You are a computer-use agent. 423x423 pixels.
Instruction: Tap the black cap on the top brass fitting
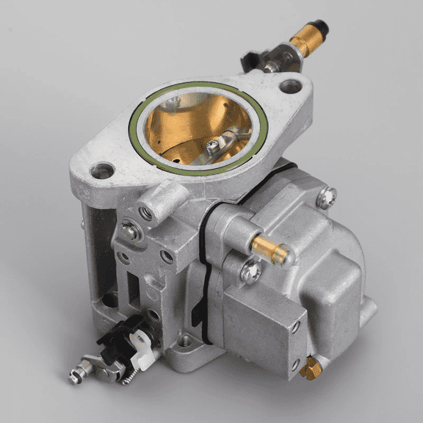coord(320,28)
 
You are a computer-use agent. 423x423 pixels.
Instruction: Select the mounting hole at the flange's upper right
coord(290,86)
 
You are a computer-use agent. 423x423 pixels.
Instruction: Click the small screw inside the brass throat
coord(212,146)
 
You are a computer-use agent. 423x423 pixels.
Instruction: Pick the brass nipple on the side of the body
coord(272,248)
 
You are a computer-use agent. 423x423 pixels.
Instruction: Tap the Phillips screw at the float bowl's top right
coord(327,196)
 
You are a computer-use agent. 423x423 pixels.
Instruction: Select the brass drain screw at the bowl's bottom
coord(311,369)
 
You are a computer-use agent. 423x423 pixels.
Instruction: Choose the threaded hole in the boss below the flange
coord(146,214)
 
